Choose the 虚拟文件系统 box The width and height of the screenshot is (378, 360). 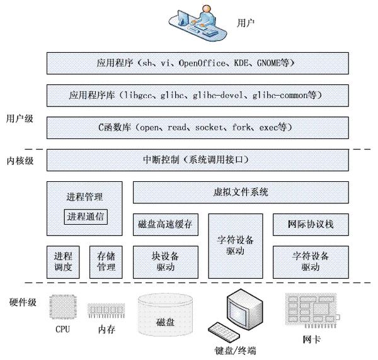click(x=241, y=192)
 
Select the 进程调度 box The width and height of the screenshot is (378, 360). click(x=64, y=262)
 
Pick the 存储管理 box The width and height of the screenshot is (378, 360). click(x=105, y=262)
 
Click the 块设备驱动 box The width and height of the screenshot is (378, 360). click(x=166, y=262)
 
